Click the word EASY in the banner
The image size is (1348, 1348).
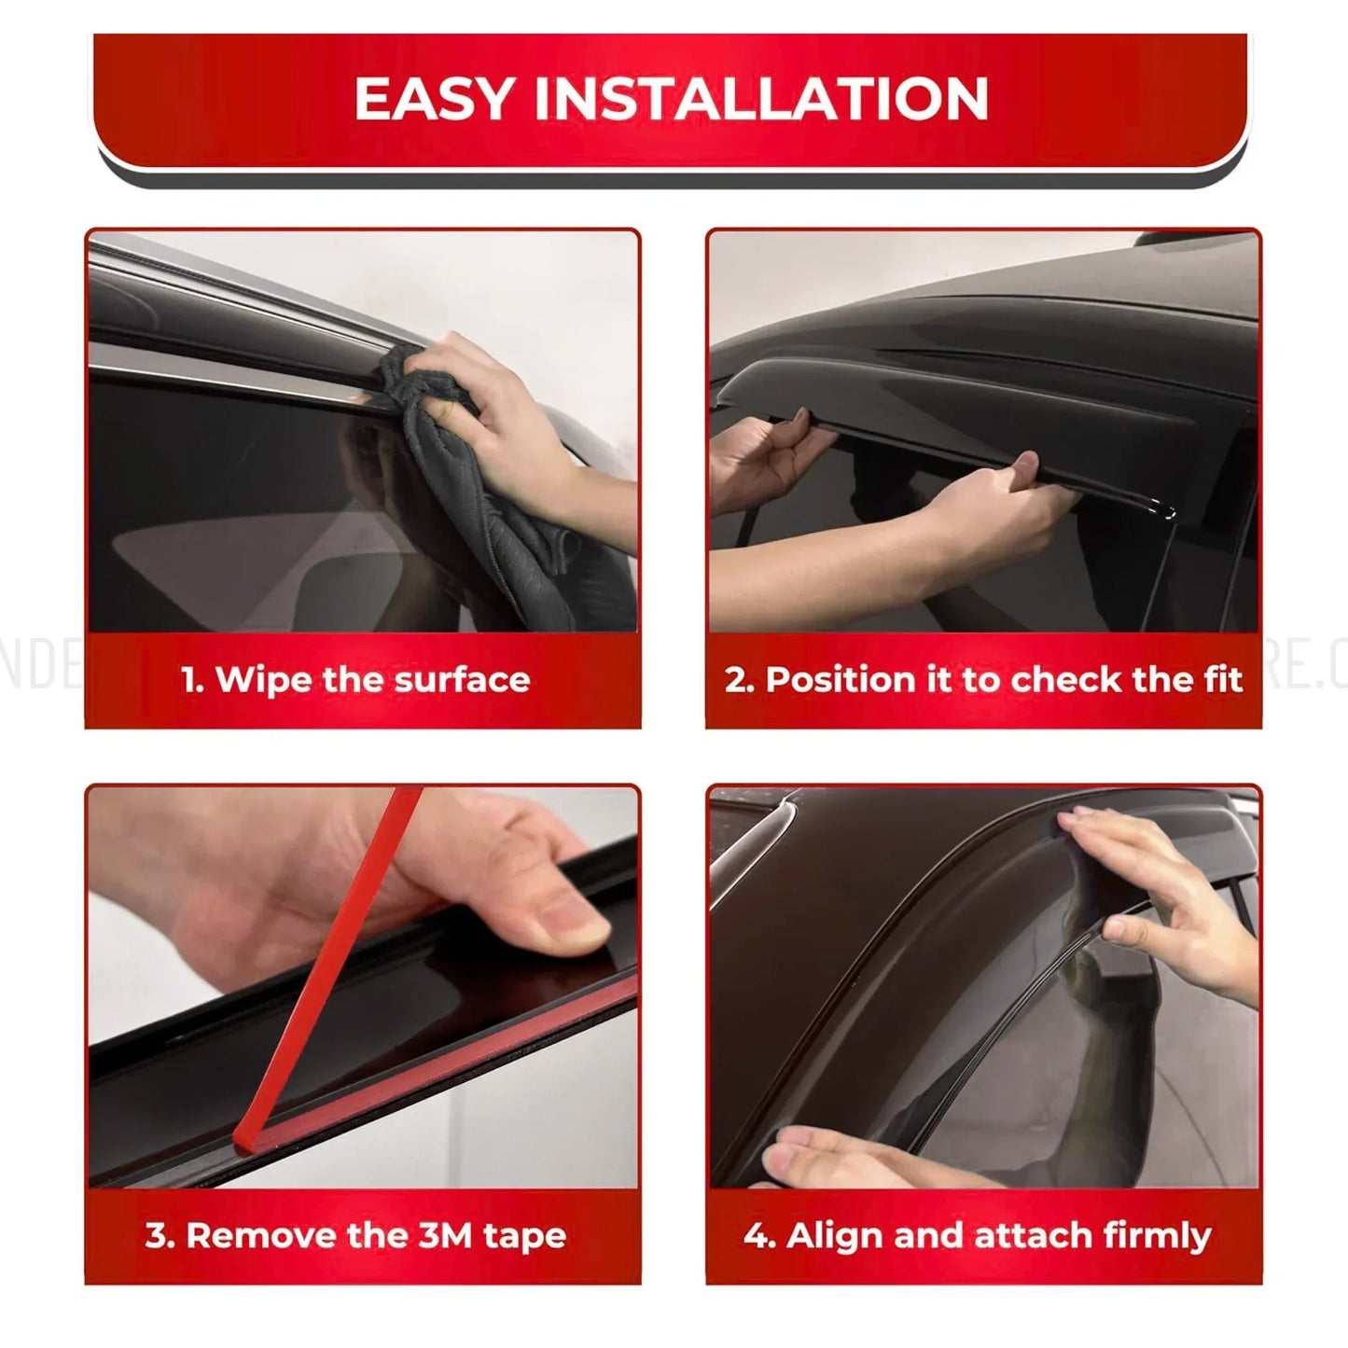435,99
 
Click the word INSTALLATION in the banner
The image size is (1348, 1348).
760,99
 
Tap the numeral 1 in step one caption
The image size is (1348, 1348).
190,680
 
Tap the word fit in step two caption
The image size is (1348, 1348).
1223,680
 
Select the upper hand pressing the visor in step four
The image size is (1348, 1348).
1157,886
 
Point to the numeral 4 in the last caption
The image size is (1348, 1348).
755,1235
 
